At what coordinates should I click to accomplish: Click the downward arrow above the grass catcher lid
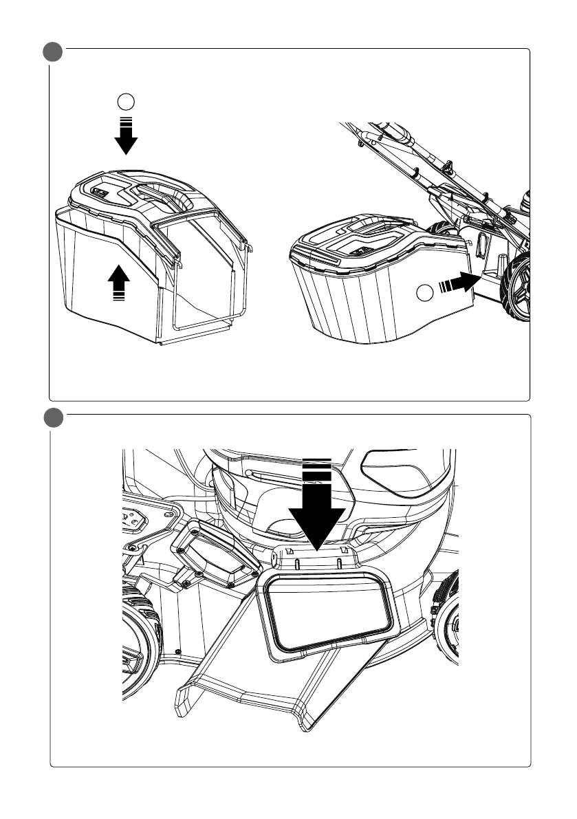click(x=126, y=138)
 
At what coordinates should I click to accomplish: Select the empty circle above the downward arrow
click(x=126, y=102)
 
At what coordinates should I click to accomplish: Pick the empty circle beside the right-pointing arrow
click(x=426, y=294)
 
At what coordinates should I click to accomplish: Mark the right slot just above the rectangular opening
click(x=340, y=563)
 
